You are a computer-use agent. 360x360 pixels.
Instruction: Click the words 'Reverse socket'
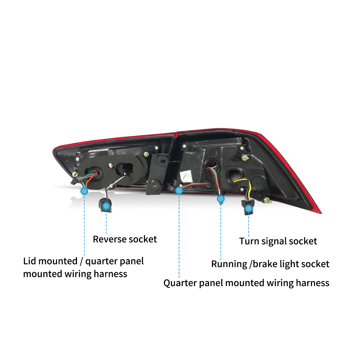[125, 239]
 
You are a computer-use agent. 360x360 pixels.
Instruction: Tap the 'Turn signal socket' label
[278, 241]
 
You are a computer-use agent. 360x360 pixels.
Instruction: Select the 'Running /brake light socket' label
[270, 264]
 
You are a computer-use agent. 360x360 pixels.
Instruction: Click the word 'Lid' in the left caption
[30, 261]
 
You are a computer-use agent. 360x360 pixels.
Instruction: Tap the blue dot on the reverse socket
[106, 206]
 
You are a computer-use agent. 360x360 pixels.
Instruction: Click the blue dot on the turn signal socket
[248, 209]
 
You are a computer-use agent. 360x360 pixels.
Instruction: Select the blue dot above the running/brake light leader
[221, 199]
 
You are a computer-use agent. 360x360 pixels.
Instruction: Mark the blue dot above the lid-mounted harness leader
[84, 191]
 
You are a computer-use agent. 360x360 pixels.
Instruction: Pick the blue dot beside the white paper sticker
[179, 190]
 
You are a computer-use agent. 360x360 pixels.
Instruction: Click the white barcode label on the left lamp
[99, 149]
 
